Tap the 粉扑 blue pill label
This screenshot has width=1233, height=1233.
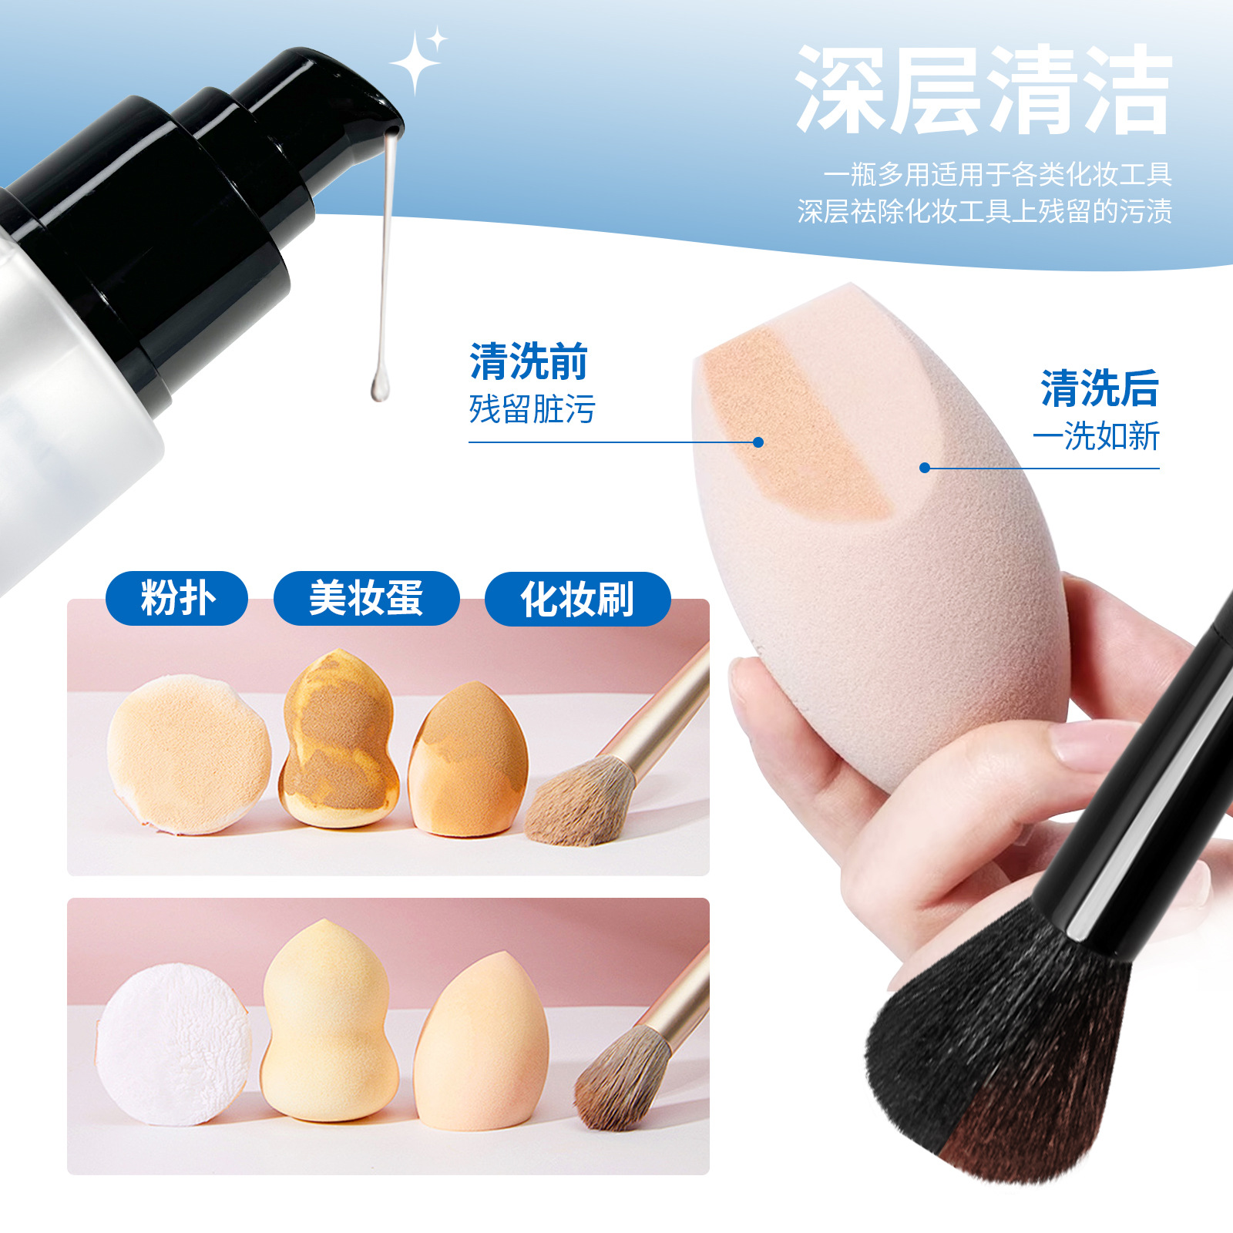pyautogui.click(x=176, y=598)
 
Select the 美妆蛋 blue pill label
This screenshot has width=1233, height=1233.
pyautogui.click(x=366, y=598)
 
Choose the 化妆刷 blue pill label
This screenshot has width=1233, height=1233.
pyautogui.click(x=577, y=599)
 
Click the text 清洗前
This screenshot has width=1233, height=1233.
pyautogui.click(x=529, y=361)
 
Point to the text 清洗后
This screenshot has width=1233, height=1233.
pyautogui.click(x=1099, y=388)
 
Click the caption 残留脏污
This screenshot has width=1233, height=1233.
pyautogui.click(x=532, y=409)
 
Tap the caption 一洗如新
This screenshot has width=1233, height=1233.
pyautogui.click(x=1096, y=436)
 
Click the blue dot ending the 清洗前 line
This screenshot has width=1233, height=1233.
pyautogui.click(x=758, y=442)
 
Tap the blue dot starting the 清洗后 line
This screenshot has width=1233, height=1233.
pyautogui.click(x=925, y=468)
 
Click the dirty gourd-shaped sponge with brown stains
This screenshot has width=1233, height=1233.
pyautogui.click(x=338, y=740)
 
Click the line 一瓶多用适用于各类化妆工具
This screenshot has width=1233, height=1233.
pyautogui.click(x=997, y=175)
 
